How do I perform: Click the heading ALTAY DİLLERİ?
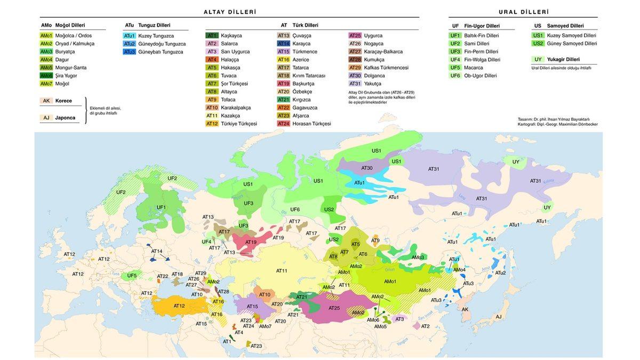(x=229, y=12)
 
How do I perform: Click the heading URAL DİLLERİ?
(x=524, y=12)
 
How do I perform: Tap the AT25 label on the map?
(x=334, y=308)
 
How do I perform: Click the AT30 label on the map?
(x=367, y=168)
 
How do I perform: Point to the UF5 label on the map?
(x=132, y=276)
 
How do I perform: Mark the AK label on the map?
(x=465, y=309)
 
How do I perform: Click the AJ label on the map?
(x=498, y=317)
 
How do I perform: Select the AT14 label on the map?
(x=157, y=251)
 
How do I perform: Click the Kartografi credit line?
(x=557, y=124)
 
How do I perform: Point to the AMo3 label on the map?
(x=418, y=258)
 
